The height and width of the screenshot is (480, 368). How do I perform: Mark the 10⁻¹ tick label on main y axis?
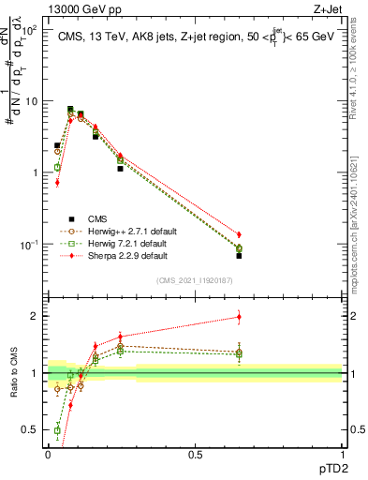(x=29, y=245)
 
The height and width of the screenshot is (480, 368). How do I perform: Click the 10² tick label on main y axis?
(x=29, y=30)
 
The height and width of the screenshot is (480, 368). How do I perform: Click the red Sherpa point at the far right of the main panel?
(x=239, y=234)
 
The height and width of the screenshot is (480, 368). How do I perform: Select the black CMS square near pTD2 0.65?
(x=239, y=255)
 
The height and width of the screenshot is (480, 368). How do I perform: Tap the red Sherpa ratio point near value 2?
(x=239, y=317)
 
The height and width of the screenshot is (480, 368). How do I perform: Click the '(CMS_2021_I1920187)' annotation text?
(x=194, y=280)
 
